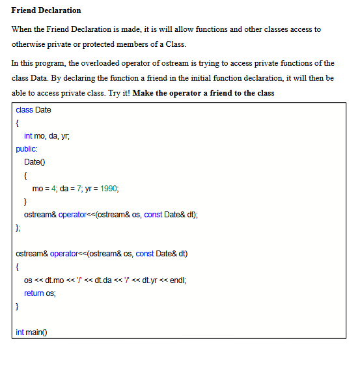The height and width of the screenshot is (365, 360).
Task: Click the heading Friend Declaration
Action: click(46, 10)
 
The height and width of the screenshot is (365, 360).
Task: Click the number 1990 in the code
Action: click(109, 188)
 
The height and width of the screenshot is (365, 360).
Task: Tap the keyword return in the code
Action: click(34, 293)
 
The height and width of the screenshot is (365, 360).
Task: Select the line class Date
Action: click(33, 110)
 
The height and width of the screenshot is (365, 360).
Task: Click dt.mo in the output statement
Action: click(53, 280)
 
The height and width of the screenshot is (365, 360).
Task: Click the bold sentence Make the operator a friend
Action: click(204, 93)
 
